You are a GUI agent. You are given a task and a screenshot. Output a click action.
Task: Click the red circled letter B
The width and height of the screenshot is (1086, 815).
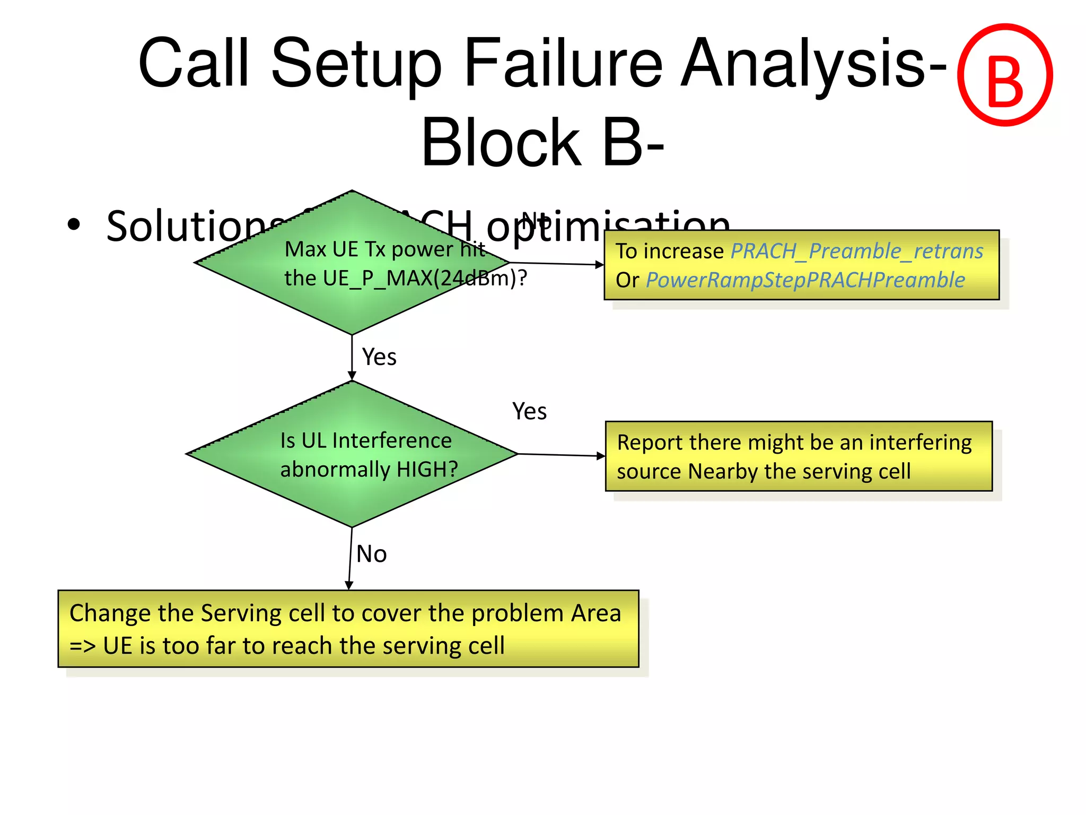[1004, 75]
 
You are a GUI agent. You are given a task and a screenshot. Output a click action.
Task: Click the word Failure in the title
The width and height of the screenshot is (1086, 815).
[563, 63]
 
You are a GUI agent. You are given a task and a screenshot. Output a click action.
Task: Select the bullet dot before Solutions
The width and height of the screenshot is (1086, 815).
[74, 224]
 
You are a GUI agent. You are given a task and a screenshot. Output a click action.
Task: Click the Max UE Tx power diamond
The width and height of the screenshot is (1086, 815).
[352, 297]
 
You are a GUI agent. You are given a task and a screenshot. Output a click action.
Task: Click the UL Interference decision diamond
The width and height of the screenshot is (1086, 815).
[352, 493]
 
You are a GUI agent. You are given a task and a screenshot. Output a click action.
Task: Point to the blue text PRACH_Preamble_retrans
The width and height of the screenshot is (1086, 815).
[857, 251]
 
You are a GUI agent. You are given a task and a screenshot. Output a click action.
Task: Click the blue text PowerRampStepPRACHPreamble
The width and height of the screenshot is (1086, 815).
[805, 280]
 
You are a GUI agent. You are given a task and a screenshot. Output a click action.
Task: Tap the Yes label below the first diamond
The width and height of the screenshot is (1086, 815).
[379, 357]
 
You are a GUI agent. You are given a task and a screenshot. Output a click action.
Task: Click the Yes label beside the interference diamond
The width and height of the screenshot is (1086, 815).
[529, 411]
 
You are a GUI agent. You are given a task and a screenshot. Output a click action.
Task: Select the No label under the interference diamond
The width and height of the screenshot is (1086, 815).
[371, 554]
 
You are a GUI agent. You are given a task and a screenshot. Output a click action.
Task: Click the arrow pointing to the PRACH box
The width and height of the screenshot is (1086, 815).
[557, 263]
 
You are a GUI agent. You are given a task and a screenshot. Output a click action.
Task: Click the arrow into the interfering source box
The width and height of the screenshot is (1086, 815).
[562, 455]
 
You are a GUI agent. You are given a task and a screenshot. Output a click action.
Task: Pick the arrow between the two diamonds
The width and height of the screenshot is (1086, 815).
[352, 358]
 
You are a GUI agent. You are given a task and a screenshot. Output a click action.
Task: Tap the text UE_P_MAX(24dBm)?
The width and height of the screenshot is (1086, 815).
[406, 278]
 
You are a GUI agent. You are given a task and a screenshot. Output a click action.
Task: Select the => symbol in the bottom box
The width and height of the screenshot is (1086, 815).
[83, 646]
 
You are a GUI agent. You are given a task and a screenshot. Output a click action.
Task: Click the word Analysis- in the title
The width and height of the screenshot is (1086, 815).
[814, 63]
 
